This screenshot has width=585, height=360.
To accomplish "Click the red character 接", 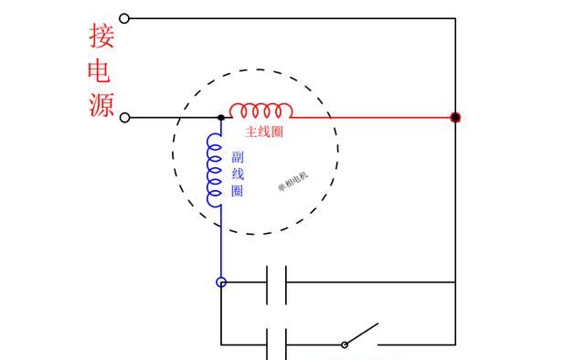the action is tap(101, 36).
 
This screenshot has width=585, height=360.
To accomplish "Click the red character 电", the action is tap(101, 70).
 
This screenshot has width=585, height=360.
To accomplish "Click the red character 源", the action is tap(101, 104).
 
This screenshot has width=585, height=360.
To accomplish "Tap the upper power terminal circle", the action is tap(125, 17).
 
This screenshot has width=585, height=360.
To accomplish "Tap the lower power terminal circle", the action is tap(125, 118).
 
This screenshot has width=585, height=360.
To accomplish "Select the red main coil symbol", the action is tap(261, 111).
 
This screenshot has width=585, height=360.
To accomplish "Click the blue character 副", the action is tap(238, 156).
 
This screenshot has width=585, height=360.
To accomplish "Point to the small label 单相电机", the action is tap(293, 184).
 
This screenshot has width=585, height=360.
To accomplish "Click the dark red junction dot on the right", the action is tap(455, 118).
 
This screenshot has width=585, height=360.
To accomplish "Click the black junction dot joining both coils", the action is tap(221, 118).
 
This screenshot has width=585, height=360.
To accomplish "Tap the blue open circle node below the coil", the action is tap(221, 282).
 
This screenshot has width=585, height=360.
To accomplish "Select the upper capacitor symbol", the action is tap(277, 282).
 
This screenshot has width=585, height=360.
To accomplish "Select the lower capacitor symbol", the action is tap(277, 344).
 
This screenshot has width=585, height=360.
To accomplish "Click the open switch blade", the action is tap(362, 334).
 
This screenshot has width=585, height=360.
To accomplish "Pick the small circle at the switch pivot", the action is tap(345, 344).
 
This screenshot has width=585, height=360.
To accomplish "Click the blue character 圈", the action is tap(238, 191).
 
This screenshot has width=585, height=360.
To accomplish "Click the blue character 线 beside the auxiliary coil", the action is tap(238, 174).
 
